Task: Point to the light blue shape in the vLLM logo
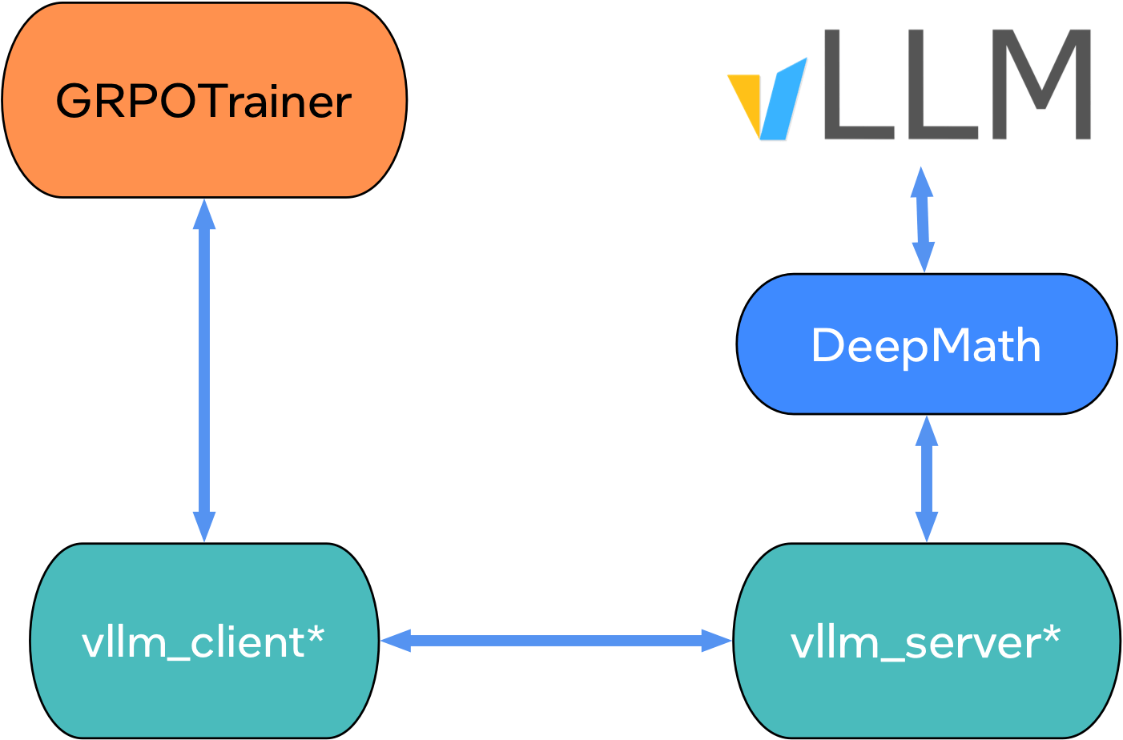[x=781, y=100]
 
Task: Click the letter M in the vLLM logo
[x=1040, y=84]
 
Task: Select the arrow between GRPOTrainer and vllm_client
[x=204, y=368]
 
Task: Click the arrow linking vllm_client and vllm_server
[x=556, y=641]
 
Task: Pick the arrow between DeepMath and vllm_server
[x=927, y=479]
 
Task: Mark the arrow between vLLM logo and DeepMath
[x=923, y=219]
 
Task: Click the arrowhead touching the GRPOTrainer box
[x=204, y=215]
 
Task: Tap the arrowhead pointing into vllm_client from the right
[x=396, y=641]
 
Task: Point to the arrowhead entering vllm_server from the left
[x=716, y=641]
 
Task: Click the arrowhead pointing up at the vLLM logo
[x=921, y=183]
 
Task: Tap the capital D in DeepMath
[x=828, y=346]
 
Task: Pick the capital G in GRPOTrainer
[x=74, y=102]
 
